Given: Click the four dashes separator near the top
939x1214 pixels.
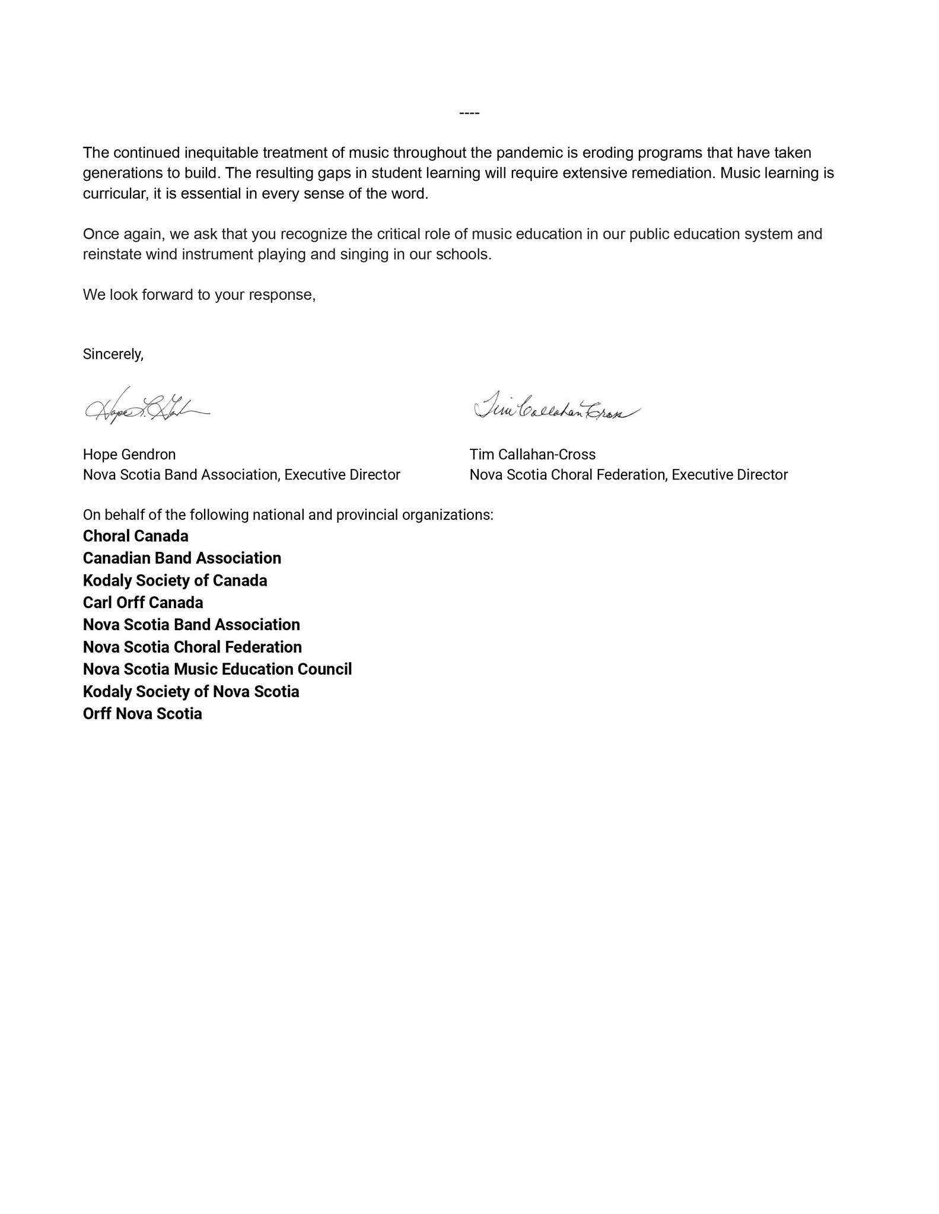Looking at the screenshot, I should tap(469, 113).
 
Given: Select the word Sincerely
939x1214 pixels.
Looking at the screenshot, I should tap(113, 354).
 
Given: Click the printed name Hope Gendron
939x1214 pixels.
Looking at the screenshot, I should tap(129, 455).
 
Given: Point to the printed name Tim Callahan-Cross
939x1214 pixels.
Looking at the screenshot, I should tap(532, 455).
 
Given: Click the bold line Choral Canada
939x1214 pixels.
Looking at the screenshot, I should tap(135, 536).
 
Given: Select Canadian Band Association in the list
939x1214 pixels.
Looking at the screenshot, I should tap(182, 558).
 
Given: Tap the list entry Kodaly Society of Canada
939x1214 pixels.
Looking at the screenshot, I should tap(174, 580).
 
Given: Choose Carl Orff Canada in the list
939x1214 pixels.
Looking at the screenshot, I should tap(142, 603).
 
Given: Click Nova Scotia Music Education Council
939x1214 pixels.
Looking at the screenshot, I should tap(217, 669).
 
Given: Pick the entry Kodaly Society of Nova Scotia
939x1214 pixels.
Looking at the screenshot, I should tap(190, 692).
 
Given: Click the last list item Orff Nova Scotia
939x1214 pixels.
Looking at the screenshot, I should tap(142, 714).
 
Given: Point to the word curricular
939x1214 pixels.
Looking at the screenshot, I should tap(113, 194).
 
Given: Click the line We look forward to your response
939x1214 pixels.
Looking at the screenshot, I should tap(199, 295).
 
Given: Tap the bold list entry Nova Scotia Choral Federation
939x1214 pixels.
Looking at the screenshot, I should tap(192, 647).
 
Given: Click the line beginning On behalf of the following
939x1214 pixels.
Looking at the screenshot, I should tap(288, 515).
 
